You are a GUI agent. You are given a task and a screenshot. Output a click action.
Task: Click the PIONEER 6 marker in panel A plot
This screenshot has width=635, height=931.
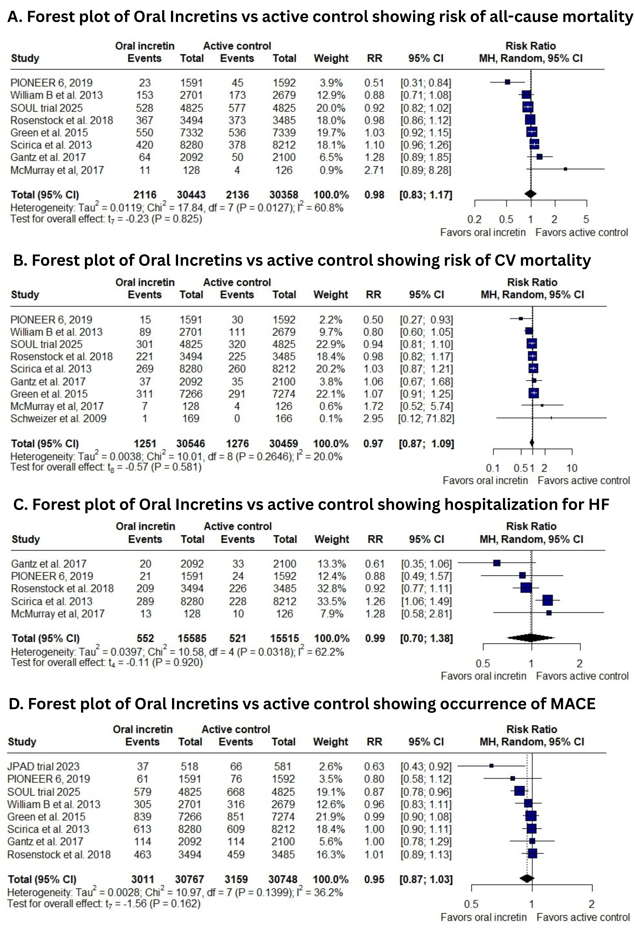[x=507, y=82]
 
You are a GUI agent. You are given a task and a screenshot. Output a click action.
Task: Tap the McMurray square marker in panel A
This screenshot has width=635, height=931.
[x=565, y=169]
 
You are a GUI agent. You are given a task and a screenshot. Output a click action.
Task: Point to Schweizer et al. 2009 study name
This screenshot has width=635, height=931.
[x=58, y=419]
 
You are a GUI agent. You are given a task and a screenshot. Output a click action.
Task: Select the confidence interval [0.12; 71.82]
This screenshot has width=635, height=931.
[x=426, y=419]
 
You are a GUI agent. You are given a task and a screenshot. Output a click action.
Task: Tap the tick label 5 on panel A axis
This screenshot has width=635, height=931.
[x=586, y=220]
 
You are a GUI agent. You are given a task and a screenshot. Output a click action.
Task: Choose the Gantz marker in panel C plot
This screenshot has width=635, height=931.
[x=497, y=563]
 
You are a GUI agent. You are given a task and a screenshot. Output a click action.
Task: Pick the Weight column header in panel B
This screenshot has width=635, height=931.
[x=331, y=295]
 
